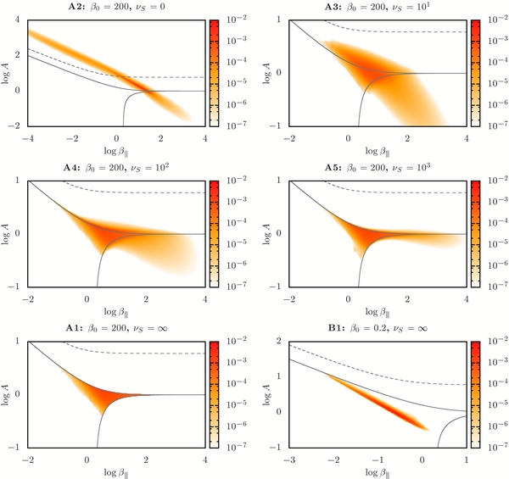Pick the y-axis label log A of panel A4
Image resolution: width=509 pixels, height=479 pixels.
point(7,232)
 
